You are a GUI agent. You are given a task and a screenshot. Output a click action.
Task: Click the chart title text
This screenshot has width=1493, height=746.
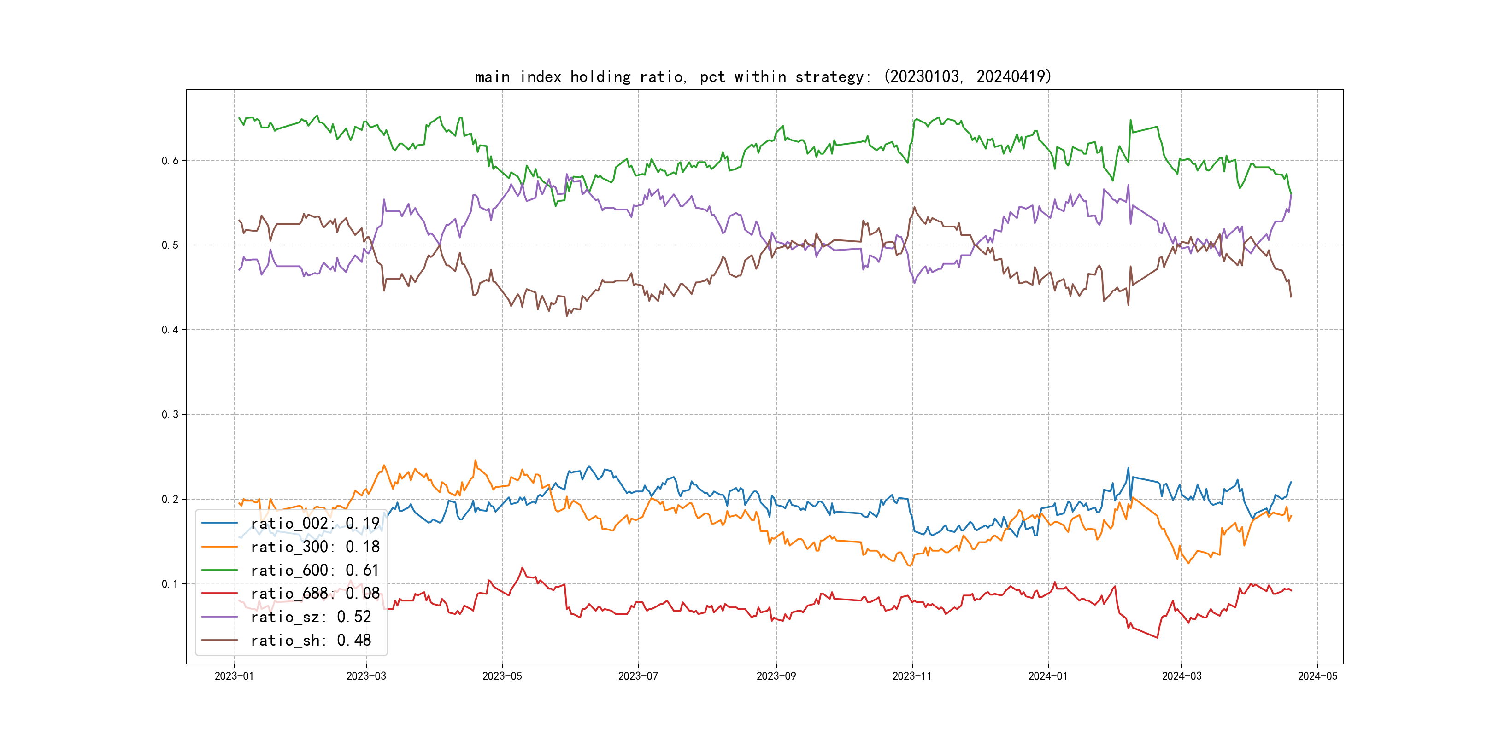763,76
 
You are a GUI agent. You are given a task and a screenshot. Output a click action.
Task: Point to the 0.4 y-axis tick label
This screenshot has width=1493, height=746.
170,330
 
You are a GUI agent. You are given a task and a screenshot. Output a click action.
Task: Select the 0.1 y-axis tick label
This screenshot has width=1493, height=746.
170,583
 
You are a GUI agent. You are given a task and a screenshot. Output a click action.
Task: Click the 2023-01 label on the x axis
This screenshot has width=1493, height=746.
234,676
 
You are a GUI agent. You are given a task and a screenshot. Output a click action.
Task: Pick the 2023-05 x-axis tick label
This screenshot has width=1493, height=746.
502,676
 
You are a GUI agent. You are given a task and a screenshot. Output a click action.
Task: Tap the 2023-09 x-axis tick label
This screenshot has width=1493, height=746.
776,676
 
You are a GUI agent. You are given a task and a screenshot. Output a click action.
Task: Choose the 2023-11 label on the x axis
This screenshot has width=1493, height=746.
911,676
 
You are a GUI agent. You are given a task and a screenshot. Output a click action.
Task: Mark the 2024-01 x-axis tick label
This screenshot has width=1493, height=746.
1048,676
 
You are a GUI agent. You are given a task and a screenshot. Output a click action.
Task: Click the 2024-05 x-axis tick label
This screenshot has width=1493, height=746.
1317,676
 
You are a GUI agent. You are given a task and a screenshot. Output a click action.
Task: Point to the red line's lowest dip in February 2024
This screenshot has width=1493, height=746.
1158,638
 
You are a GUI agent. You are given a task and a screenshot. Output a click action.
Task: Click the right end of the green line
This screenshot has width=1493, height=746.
1291,193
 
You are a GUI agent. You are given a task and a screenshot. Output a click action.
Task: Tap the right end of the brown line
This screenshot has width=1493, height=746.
1291,297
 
